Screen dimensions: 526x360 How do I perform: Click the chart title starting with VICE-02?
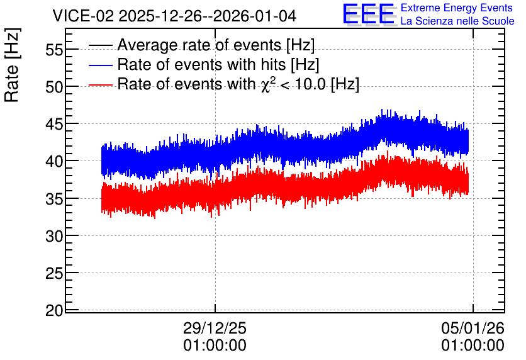pyautogui.click(x=174, y=16)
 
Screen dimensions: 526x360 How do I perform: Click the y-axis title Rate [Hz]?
pyautogui.click(x=12, y=65)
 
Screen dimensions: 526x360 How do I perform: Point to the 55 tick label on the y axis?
pyautogui.click(x=54, y=50)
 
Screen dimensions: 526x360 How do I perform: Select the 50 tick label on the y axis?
pyautogui.click(x=54, y=87)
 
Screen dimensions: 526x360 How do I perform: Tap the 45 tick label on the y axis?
pyautogui.click(x=54, y=125)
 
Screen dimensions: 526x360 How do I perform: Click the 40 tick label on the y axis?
pyautogui.click(x=54, y=162)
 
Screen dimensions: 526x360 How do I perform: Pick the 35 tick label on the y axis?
pyautogui.click(x=54, y=200)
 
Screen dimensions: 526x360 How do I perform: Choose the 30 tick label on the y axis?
pyautogui.click(x=54, y=237)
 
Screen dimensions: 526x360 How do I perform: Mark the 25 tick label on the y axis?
pyautogui.click(x=54, y=274)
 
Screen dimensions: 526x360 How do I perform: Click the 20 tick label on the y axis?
pyautogui.click(x=54, y=311)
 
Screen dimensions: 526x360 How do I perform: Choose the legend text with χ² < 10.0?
pyautogui.click(x=238, y=84)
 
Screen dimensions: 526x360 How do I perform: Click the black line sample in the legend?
pyautogui.click(x=100, y=45)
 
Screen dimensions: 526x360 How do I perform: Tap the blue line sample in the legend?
pyautogui.click(x=100, y=65)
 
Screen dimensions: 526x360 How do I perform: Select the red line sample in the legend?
pyautogui.click(x=100, y=84)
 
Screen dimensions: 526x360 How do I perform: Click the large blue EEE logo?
pyautogui.click(x=369, y=14)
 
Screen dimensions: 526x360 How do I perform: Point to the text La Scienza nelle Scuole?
pyautogui.click(x=457, y=21)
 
